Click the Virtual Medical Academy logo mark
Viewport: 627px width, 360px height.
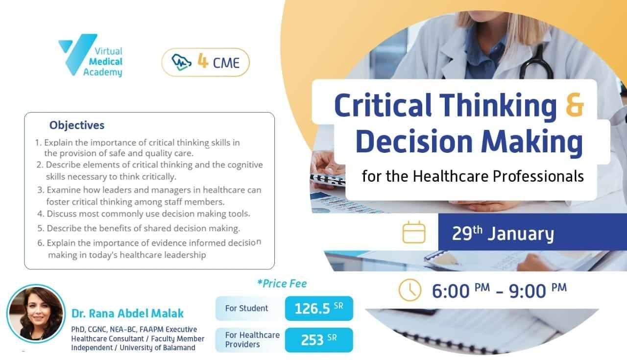(x=78, y=54)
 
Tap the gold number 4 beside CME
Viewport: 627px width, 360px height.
(x=203, y=61)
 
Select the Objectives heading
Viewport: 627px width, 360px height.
(x=77, y=125)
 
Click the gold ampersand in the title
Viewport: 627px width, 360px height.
(x=575, y=105)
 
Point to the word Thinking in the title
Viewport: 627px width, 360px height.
(x=498, y=105)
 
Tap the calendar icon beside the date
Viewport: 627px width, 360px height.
(x=414, y=232)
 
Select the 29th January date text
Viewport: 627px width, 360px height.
(x=503, y=233)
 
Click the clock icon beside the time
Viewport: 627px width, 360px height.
(x=410, y=290)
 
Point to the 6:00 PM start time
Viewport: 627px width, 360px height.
(x=461, y=290)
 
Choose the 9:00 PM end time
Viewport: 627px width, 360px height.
(x=538, y=290)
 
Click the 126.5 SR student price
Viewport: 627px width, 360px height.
(x=319, y=308)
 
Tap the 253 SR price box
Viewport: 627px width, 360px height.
(x=319, y=340)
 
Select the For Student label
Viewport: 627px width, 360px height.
(x=246, y=308)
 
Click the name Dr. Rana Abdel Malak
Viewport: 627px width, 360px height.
(x=127, y=313)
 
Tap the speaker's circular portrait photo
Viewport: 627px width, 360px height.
(x=36, y=313)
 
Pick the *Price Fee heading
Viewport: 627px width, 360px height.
(x=282, y=284)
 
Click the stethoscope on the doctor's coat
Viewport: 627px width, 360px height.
(x=536, y=62)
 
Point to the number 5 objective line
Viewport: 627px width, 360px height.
(x=139, y=228)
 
